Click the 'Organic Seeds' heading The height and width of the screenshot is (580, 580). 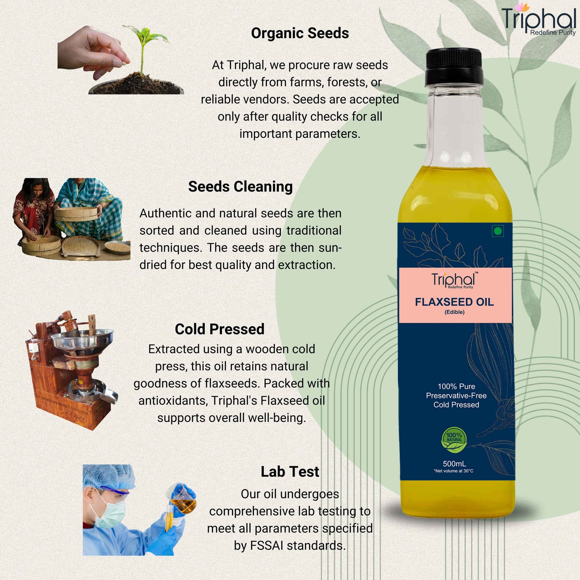tap(300, 33)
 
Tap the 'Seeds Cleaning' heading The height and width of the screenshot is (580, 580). tap(240, 187)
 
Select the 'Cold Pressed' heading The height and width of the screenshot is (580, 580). tap(220, 329)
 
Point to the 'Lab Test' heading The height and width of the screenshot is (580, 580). tap(289, 472)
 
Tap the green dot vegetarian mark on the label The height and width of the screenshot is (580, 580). tap(498, 231)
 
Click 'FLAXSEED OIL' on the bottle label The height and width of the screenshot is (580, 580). tap(454, 302)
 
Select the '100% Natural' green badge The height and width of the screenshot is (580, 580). tap(454, 440)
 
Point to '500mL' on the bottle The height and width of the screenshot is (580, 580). tap(454, 464)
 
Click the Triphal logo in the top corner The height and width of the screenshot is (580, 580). tap(538, 20)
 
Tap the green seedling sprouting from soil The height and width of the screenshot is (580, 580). tap(145, 48)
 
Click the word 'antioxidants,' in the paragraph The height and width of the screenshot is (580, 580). tap(173, 401)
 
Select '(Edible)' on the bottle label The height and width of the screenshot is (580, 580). tap(454, 312)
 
